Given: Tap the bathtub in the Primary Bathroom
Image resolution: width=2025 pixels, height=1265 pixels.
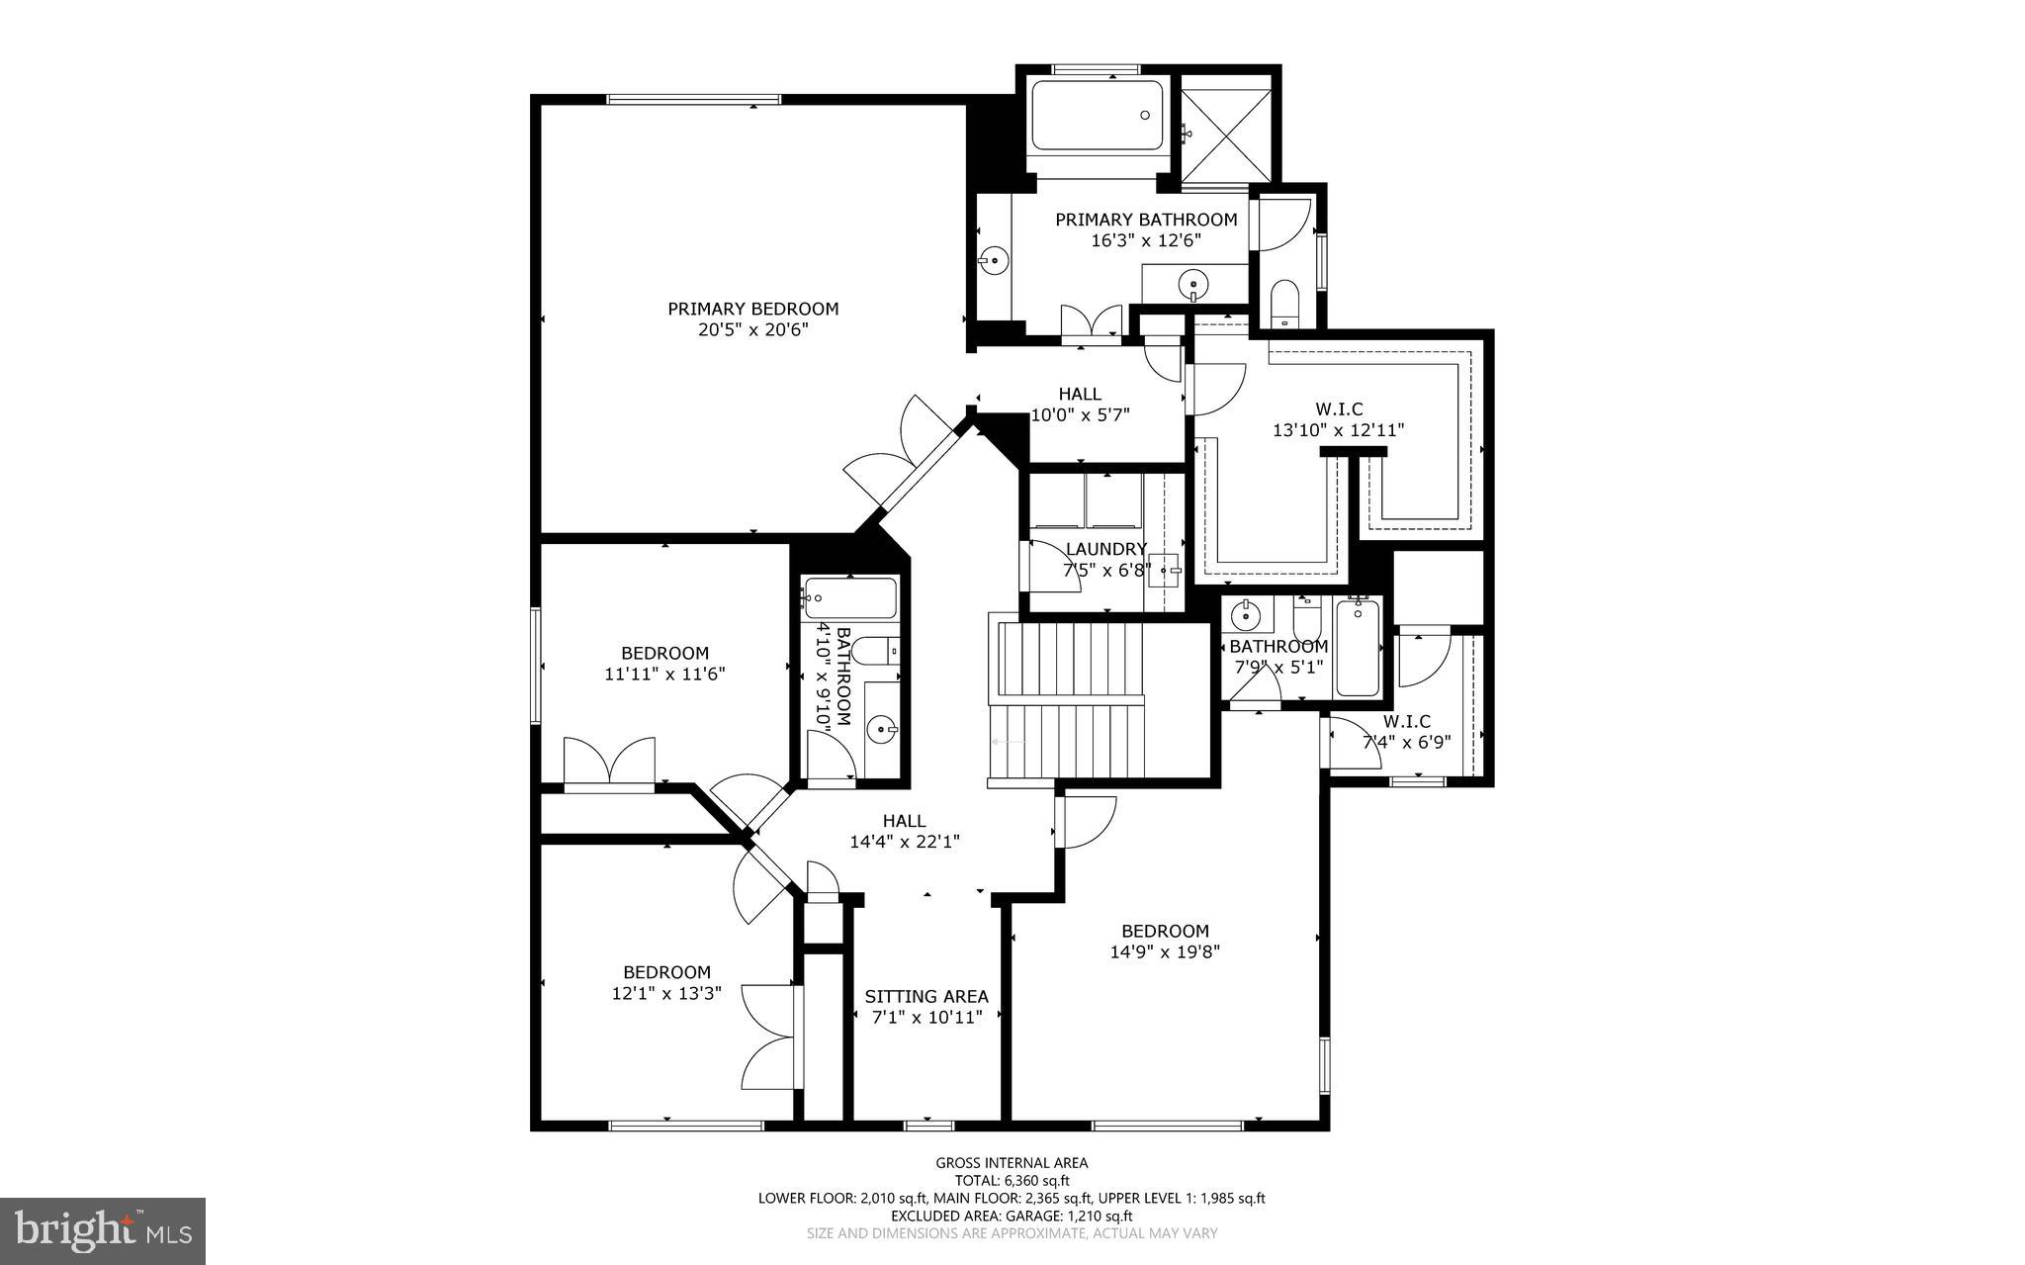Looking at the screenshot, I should [x=1097, y=116].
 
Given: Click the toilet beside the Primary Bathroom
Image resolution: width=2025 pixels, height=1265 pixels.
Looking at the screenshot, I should [x=1283, y=301].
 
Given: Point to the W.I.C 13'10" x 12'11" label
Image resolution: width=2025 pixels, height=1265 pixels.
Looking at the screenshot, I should [x=1338, y=419].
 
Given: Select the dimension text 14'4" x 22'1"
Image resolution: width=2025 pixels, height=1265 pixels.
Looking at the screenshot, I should [x=904, y=842].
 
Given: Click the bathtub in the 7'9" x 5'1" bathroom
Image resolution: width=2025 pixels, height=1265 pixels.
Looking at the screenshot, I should [x=1359, y=648].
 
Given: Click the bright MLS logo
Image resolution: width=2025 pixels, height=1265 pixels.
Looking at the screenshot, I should [x=102, y=1230].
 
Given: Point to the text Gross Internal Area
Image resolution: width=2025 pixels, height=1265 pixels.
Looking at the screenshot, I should [x=1012, y=1163].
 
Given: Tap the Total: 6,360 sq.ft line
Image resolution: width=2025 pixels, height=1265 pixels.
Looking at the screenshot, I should [x=1012, y=1180].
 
